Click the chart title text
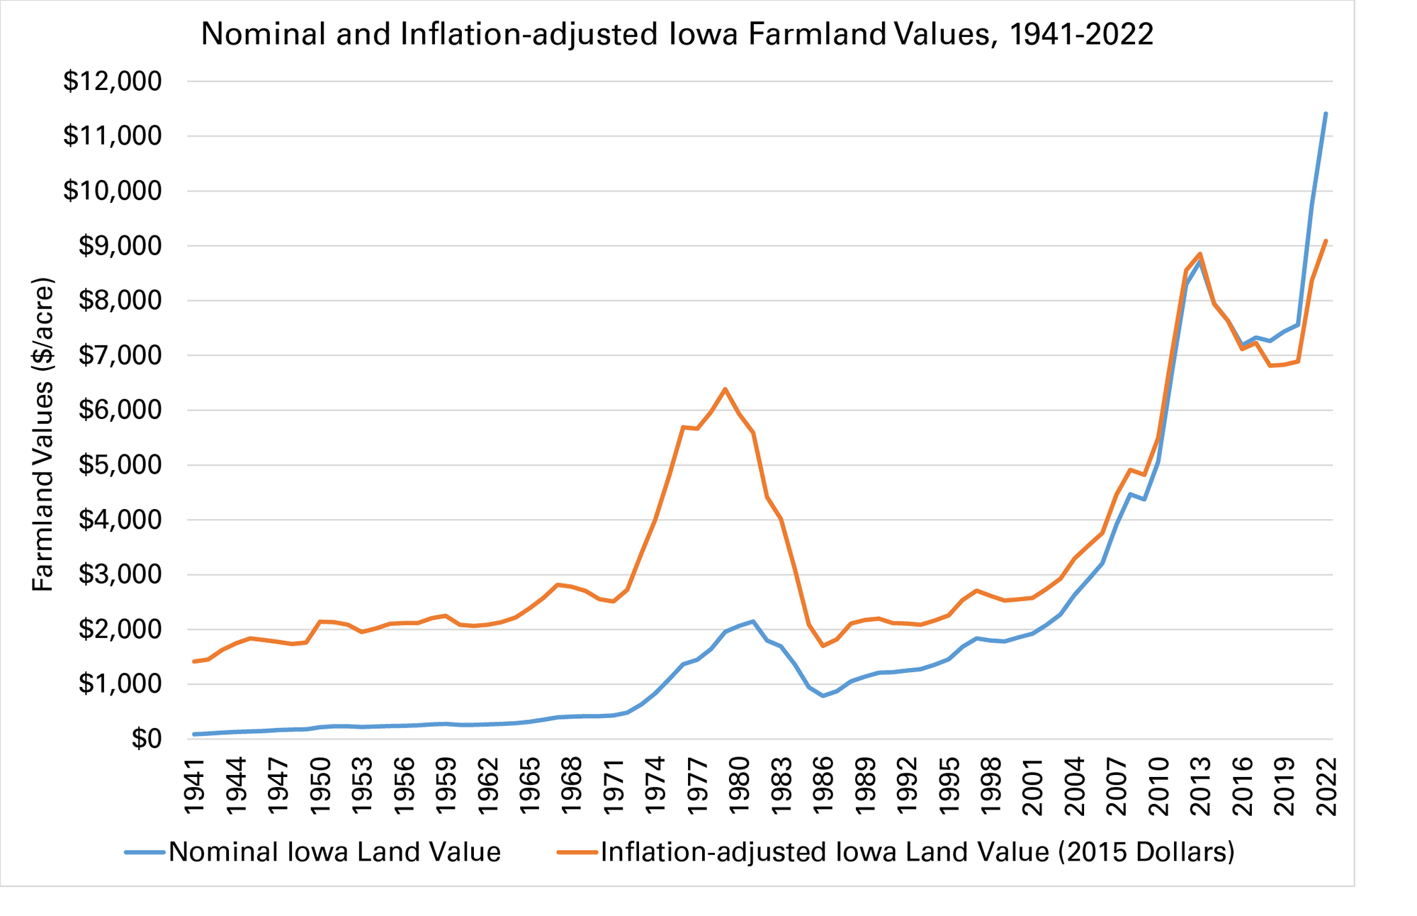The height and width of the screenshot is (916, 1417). [x=677, y=34]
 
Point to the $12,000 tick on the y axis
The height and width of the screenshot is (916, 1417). [x=113, y=82]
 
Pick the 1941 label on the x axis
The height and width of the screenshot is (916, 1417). [x=194, y=786]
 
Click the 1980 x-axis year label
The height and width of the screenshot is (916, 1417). [x=739, y=786]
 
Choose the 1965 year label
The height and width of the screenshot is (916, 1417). [x=529, y=786]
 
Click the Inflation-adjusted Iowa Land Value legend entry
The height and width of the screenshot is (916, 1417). [x=917, y=852]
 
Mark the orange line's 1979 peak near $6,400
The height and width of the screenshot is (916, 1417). [x=725, y=389]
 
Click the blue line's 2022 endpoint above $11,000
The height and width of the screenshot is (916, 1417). [x=1326, y=113]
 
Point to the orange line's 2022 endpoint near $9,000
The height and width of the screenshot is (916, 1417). [x=1326, y=241]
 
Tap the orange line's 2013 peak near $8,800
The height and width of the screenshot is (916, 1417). [x=1200, y=254]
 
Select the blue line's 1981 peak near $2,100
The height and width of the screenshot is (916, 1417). [x=753, y=621]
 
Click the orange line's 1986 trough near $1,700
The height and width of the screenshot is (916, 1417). [x=823, y=646]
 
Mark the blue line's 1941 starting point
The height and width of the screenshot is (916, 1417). [x=194, y=735]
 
